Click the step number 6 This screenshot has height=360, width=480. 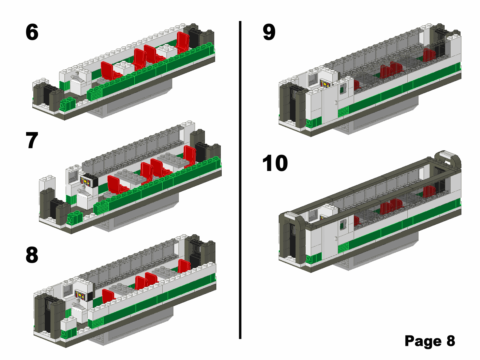tap(32, 32)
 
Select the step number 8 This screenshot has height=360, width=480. tap(32, 255)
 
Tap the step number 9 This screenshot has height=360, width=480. tap(269, 32)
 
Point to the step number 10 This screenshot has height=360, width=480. tap(275, 163)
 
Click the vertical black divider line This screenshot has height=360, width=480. tap(240, 180)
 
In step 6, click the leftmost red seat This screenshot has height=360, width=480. tap(107, 70)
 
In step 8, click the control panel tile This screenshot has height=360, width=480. tap(80, 295)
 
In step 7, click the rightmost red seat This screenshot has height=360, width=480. tap(190, 155)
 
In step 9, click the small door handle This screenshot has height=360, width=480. tap(336, 103)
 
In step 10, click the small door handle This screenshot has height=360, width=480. tap(336, 239)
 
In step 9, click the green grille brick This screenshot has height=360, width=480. tap(343, 112)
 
